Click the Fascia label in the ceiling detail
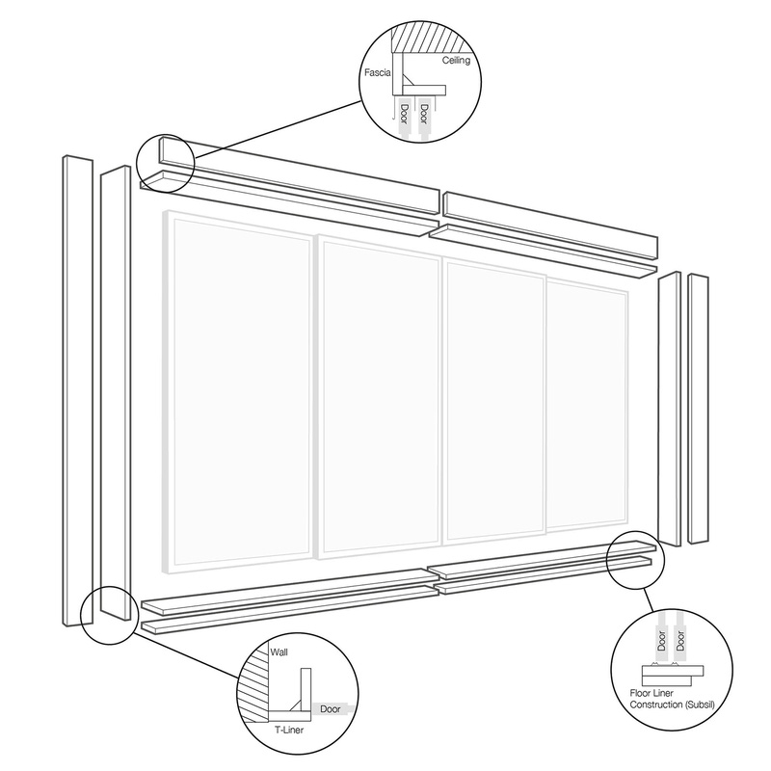click(x=377, y=69)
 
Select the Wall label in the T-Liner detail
click(x=280, y=652)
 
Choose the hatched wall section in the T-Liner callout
click(x=254, y=684)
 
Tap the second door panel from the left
click(x=379, y=397)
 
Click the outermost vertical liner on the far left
click(x=72, y=385)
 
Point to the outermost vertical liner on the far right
click(x=699, y=410)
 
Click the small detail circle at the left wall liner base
click(x=107, y=611)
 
